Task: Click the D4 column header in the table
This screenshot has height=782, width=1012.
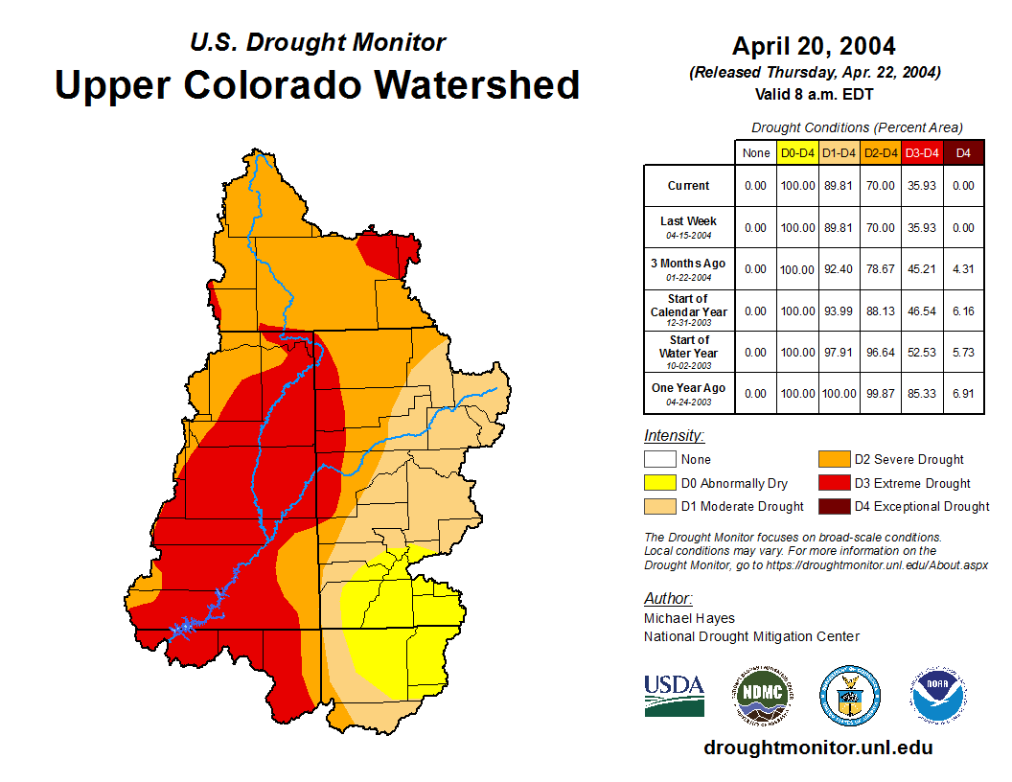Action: (x=964, y=152)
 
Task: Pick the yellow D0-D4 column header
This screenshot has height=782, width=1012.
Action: (x=797, y=152)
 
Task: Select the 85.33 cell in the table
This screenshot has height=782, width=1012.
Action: (x=922, y=393)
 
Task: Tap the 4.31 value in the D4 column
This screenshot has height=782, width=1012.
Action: (x=964, y=269)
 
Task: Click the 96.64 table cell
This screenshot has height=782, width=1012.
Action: (x=880, y=352)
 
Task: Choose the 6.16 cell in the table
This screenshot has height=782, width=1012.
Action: (x=964, y=310)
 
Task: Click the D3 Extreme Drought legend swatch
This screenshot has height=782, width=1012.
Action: (x=833, y=483)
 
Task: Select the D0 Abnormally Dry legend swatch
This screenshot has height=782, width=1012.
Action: (x=659, y=483)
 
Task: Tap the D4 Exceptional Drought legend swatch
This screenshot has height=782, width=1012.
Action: (x=833, y=506)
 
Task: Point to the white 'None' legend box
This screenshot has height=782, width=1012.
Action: (x=659, y=460)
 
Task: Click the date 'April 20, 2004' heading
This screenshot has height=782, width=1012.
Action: (x=814, y=46)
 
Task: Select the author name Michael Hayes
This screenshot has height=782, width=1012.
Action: (x=689, y=618)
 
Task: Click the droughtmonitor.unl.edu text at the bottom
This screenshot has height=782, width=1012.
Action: (x=817, y=747)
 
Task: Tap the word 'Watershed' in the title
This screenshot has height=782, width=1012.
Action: (x=476, y=84)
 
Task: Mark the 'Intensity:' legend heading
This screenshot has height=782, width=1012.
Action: (x=674, y=436)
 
